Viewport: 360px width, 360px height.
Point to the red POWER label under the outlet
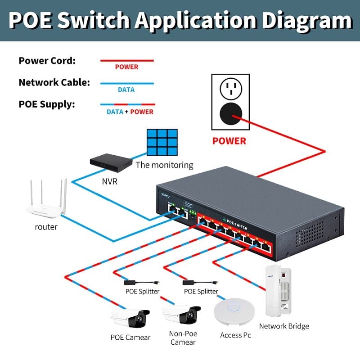229,141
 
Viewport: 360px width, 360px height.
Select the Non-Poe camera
181,316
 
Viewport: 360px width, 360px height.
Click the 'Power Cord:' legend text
47,61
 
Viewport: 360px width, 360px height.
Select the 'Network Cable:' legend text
54,83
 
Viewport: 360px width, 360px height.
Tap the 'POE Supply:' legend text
47,104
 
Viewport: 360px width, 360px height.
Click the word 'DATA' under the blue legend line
126,90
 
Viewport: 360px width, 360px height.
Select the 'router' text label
46,227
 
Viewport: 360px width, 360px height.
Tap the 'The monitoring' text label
164,165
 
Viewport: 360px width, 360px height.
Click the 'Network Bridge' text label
284,326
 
